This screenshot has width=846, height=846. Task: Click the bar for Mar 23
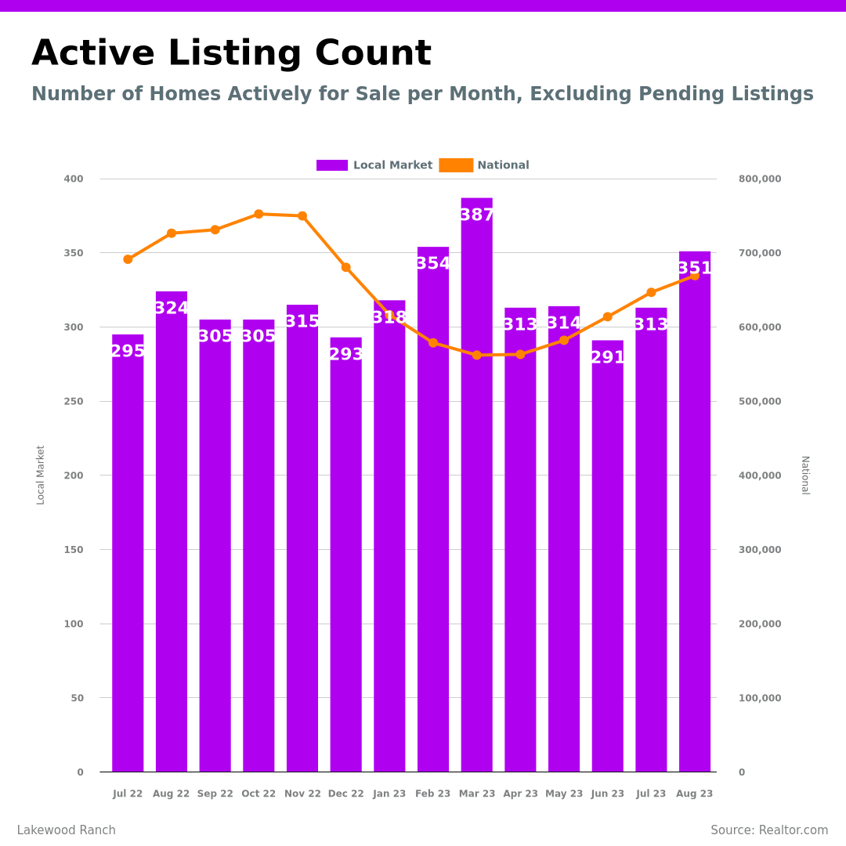[476, 486]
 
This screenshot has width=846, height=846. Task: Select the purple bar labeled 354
[433, 509]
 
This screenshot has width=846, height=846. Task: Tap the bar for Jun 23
[607, 556]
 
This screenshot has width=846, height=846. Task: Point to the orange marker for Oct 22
[258, 214]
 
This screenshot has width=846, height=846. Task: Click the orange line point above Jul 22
[128, 259]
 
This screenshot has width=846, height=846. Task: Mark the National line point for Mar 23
[476, 355]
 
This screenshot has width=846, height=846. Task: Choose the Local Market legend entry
[374, 165]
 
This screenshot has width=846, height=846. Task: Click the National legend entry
[485, 165]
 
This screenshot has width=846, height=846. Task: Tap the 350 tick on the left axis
[74, 253]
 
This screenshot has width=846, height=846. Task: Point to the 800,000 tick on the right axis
[759, 179]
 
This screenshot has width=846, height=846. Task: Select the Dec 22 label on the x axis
[345, 794]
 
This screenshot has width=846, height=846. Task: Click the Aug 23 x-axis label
[694, 794]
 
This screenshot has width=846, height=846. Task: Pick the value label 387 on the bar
[476, 215]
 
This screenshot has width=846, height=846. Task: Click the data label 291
[607, 358]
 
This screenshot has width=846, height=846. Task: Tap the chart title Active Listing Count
[231, 54]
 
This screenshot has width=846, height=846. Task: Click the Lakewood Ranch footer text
[66, 830]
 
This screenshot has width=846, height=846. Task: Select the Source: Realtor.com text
[769, 830]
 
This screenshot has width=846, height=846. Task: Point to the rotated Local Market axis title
[41, 475]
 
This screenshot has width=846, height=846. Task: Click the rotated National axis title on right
[804, 475]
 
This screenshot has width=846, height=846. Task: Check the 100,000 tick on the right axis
[759, 698]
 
